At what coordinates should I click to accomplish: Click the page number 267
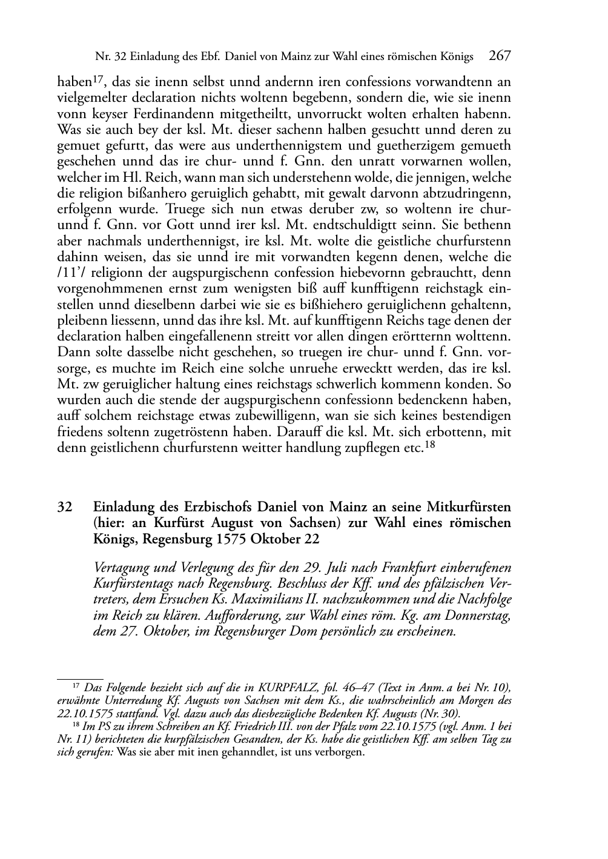[x=500, y=56]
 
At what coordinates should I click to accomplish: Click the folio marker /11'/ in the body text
[x=73, y=273]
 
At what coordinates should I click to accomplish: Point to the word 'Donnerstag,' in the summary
[x=479, y=616]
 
